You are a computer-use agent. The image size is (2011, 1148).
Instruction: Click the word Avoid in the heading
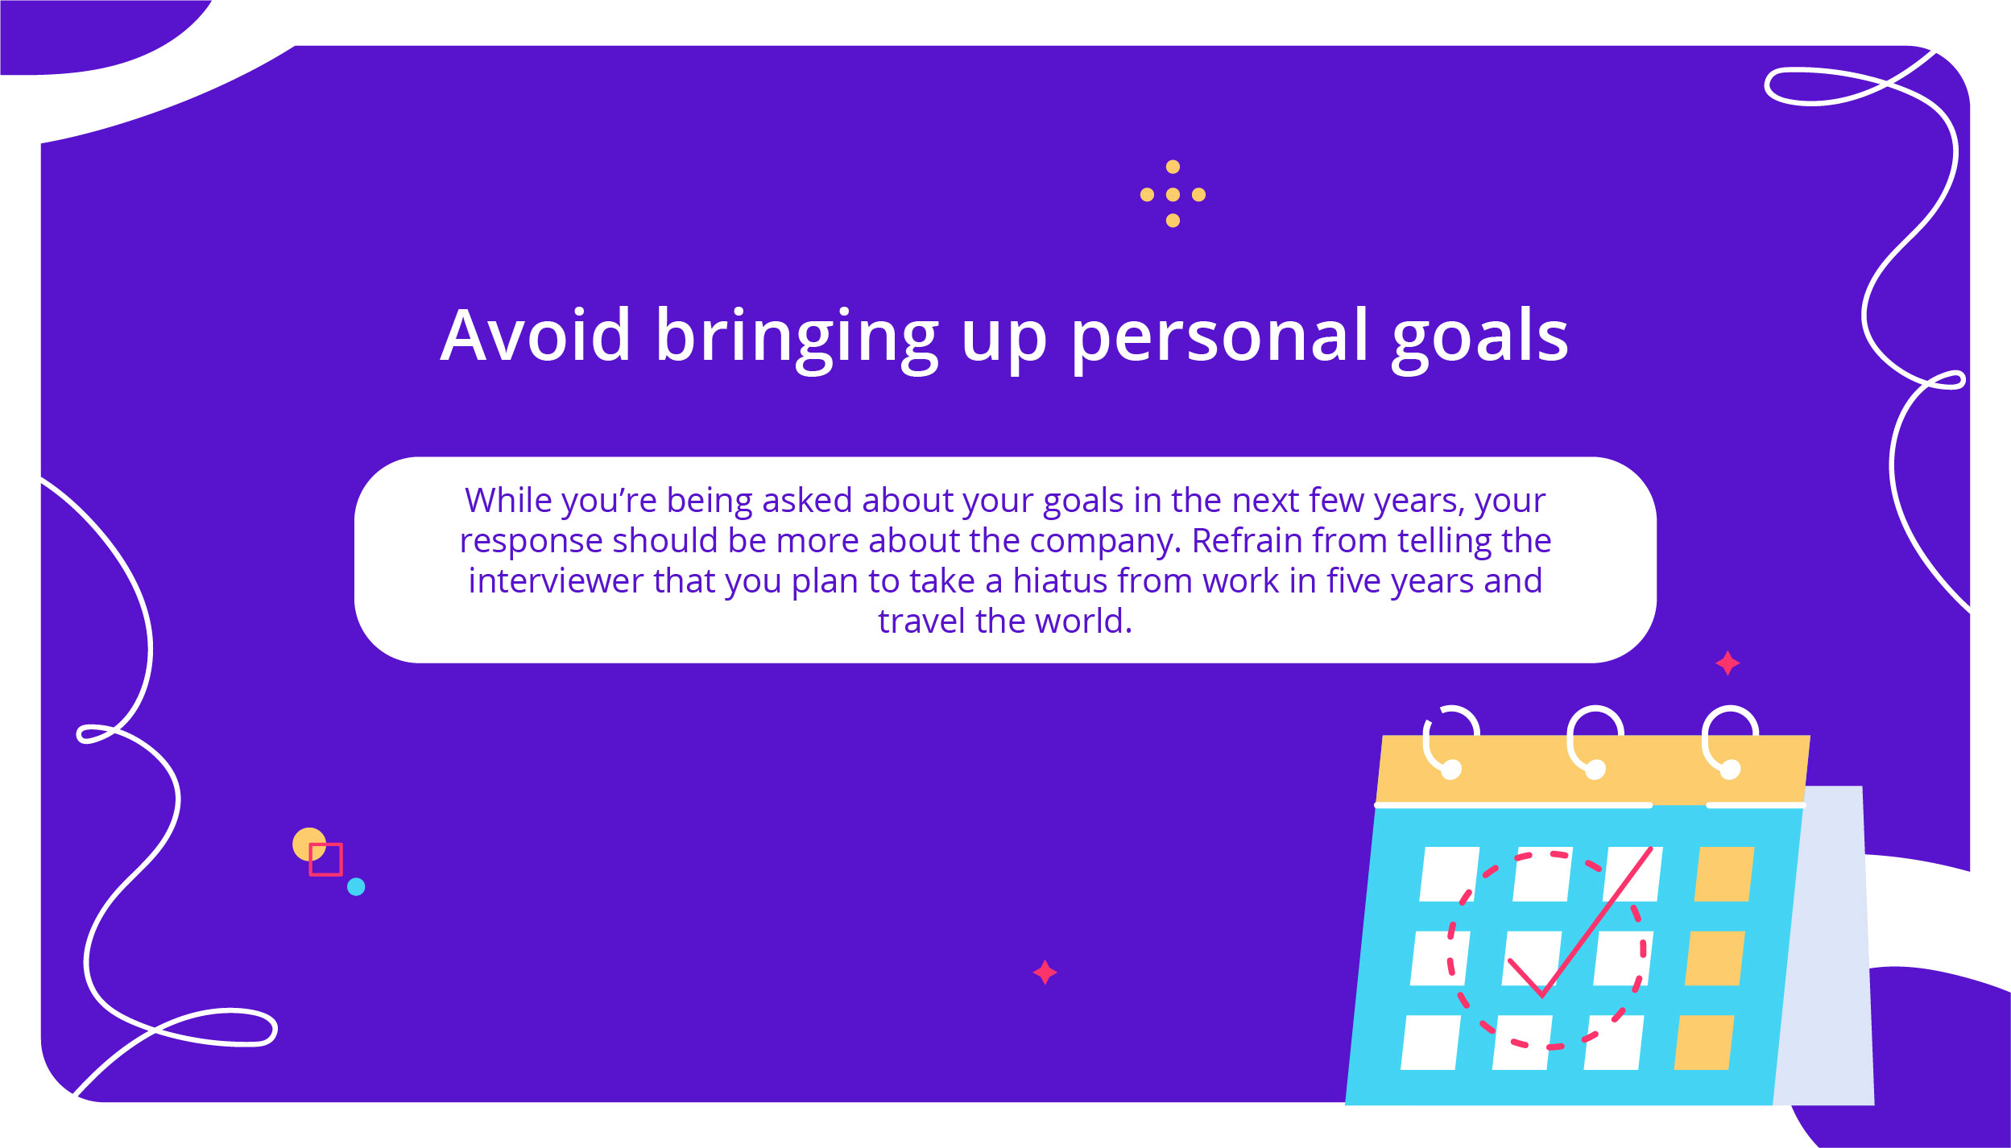pyautogui.click(x=536, y=335)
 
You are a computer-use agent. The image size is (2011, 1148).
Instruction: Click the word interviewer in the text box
pyautogui.click(x=556, y=580)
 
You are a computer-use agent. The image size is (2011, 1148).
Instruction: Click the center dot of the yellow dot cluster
pyautogui.click(x=1173, y=195)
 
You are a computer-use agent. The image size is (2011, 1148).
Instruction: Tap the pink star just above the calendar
pyautogui.click(x=1728, y=663)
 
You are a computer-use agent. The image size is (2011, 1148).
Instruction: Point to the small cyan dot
pyautogui.click(x=356, y=886)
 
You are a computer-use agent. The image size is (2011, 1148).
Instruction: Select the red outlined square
pyautogui.click(x=325, y=859)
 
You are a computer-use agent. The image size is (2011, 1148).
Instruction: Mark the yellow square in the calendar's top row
pyautogui.click(x=1724, y=873)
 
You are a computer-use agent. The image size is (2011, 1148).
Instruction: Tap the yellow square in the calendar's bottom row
pyautogui.click(x=1704, y=1043)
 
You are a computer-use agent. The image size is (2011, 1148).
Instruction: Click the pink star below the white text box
pyautogui.click(x=1045, y=972)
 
